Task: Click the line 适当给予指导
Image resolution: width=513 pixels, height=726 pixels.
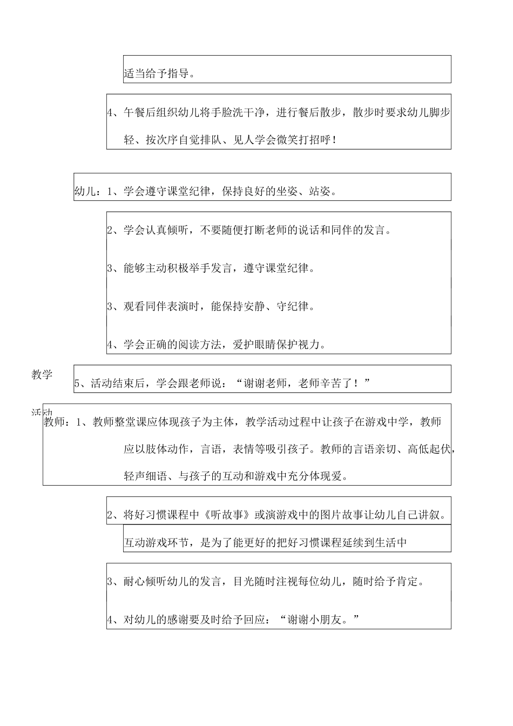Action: tap(159, 74)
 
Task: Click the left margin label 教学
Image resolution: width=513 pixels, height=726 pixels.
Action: tap(42, 375)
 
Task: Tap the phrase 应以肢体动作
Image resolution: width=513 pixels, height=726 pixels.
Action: tap(156, 449)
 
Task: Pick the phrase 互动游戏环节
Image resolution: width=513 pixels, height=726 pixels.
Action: tap(156, 542)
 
